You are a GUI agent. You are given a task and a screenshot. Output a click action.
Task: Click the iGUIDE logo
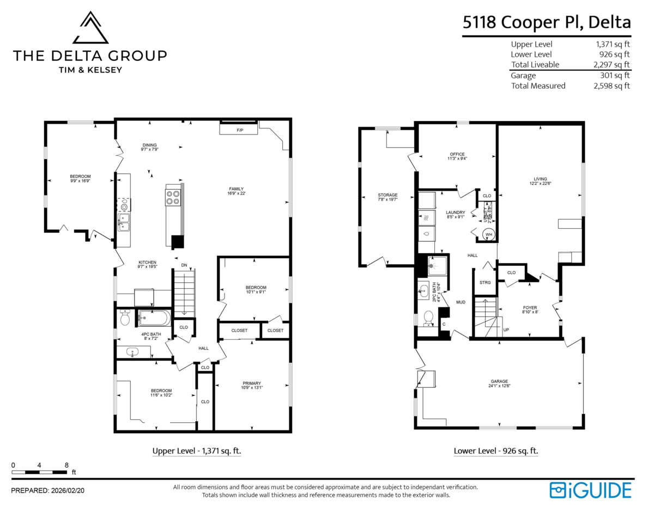[590, 490]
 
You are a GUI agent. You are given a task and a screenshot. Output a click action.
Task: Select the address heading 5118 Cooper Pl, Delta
[547, 22]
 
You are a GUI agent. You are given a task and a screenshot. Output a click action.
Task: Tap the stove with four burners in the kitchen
[173, 197]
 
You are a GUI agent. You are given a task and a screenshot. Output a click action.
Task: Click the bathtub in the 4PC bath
[154, 318]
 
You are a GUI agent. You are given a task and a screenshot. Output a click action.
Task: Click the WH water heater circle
[489, 235]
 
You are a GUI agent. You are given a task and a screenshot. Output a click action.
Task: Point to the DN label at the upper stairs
[184, 265]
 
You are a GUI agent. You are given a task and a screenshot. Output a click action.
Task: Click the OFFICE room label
[457, 154]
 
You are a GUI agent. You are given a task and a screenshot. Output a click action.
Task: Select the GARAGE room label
[499, 381]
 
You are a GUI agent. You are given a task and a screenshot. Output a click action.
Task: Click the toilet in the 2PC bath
[429, 317]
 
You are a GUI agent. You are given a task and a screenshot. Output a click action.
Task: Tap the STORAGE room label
[387, 195]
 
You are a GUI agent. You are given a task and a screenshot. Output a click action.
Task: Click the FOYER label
[529, 307]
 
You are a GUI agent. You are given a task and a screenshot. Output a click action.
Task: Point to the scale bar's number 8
[66, 465]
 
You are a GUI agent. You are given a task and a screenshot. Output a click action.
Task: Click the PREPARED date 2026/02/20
[66, 491]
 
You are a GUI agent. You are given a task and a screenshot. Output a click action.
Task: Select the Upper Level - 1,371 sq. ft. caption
[196, 451]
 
